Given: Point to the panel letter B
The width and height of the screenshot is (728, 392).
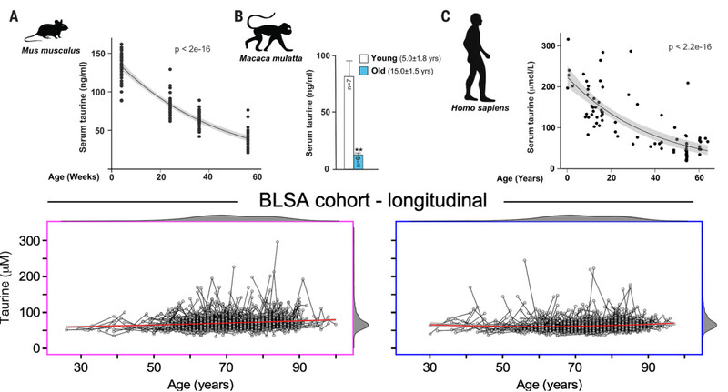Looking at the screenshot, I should [238, 15].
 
